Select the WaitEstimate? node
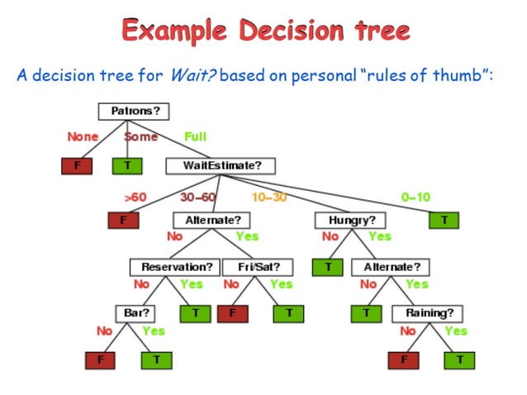pos(221,165)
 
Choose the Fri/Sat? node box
pos(258,267)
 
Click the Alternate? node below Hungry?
pos(392,267)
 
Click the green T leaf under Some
pos(127,165)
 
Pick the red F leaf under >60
pos(123,221)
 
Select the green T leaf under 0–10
pos(444,221)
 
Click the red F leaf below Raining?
pos(403,360)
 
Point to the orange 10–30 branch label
pos(268,197)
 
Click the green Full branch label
pos(195,136)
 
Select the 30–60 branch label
pos(197,197)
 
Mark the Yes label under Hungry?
pos(379,236)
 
